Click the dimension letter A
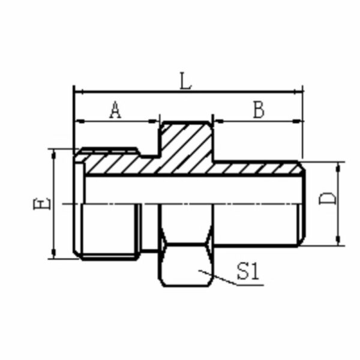pos(115,110)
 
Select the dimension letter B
pos(258,110)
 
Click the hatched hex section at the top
pos(186,144)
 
